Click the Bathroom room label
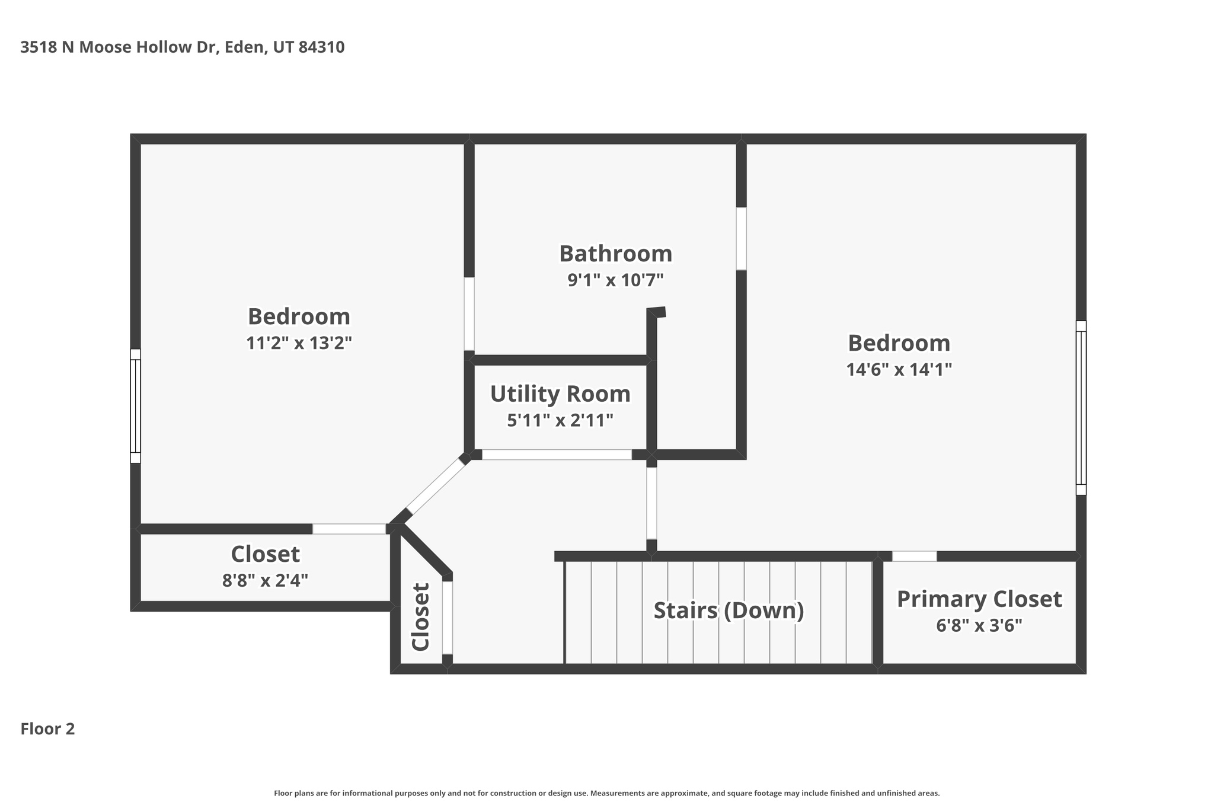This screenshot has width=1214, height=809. (x=615, y=254)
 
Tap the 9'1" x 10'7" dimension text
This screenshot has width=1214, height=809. (x=615, y=280)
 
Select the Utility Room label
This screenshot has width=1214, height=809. (x=560, y=394)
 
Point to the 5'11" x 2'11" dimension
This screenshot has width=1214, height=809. (x=560, y=420)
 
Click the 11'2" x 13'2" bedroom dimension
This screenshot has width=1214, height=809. (x=299, y=343)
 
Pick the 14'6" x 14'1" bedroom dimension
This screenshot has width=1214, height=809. (x=899, y=369)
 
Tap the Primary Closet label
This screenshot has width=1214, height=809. (x=979, y=599)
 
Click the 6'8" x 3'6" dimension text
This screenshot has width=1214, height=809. (x=979, y=625)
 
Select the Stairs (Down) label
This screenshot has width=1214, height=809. (x=729, y=610)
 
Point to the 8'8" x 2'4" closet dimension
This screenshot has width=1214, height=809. (x=265, y=580)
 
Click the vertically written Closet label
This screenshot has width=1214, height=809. (x=420, y=617)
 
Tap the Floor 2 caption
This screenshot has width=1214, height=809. (x=47, y=729)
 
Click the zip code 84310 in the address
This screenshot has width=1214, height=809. (x=321, y=47)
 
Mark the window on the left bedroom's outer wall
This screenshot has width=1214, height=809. (x=135, y=406)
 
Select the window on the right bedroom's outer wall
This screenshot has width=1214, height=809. (x=1081, y=408)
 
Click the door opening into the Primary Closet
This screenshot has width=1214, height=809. (x=914, y=556)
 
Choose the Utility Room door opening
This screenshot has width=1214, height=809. (x=557, y=455)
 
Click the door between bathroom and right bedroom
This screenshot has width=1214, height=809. (x=741, y=239)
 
